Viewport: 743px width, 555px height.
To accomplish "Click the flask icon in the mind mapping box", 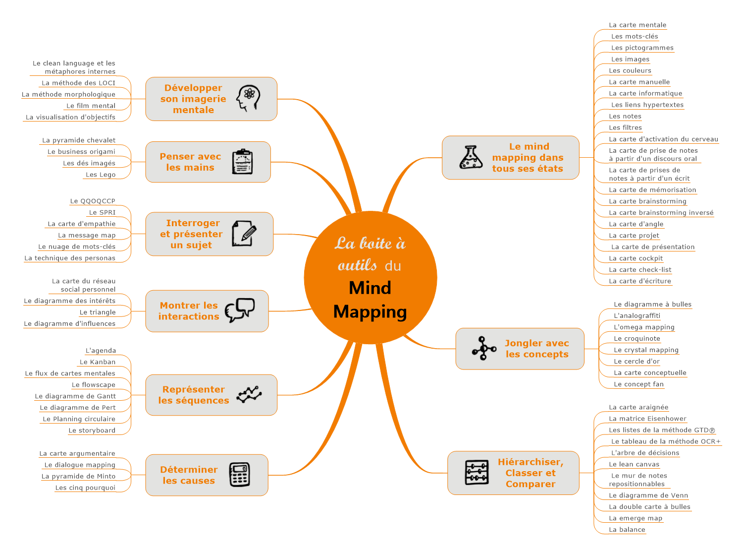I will [x=471, y=157].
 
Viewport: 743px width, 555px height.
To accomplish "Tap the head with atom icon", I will [x=248, y=98].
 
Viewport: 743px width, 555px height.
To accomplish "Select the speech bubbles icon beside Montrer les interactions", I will [x=240, y=310].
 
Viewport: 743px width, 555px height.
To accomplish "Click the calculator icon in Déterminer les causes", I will [x=240, y=475].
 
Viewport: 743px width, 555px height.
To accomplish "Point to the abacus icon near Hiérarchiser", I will [x=477, y=472].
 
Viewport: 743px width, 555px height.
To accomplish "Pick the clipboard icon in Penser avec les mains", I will [x=243, y=162].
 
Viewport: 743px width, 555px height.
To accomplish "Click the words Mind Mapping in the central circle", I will [x=370, y=300].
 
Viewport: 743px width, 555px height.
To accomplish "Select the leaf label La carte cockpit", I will [x=636, y=258].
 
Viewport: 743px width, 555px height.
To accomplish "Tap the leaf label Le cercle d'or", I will [x=637, y=362].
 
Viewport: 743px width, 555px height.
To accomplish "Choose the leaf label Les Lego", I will [x=101, y=175].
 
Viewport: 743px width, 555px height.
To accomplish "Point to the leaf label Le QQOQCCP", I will [x=93, y=201].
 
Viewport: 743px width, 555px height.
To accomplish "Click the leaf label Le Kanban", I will [x=98, y=362].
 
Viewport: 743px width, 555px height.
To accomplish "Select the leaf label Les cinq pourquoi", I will [x=85, y=488].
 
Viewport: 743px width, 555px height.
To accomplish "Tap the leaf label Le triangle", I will [x=98, y=312].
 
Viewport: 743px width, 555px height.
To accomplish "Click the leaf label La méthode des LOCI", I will [x=78, y=83].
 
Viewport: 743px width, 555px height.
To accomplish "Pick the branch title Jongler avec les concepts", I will [x=536, y=349].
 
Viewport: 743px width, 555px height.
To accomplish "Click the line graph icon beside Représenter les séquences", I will [x=249, y=395].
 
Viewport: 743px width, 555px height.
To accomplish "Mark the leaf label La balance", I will [x=627, y=530].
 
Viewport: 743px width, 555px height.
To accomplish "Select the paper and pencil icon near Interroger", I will [x=244, y=234].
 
